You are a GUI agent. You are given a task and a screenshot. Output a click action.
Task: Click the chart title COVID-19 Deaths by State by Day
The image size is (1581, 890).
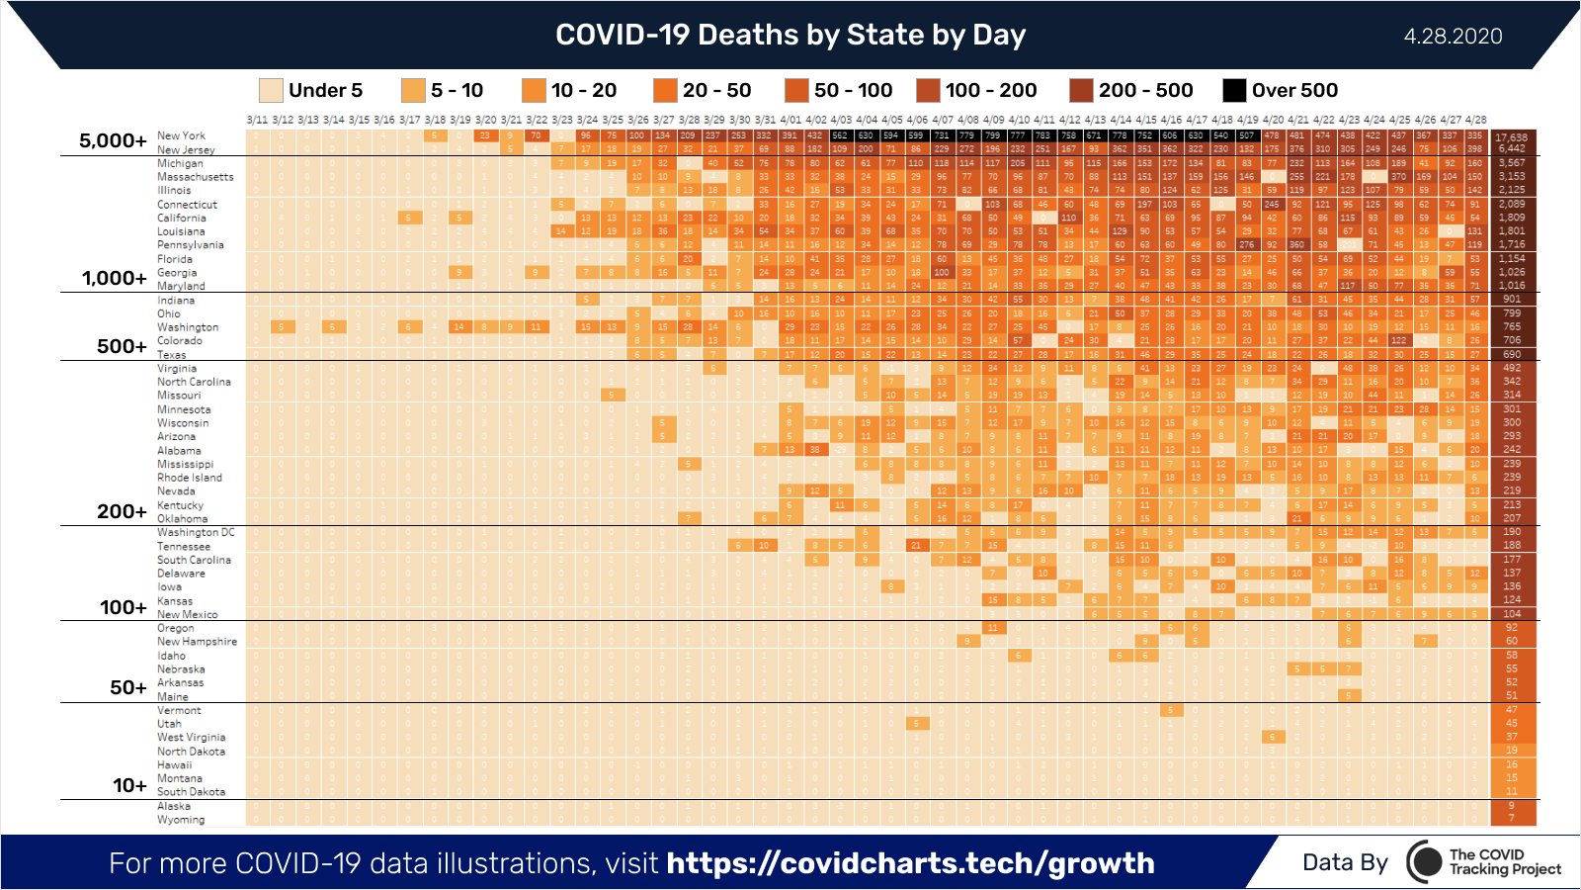(790, 36)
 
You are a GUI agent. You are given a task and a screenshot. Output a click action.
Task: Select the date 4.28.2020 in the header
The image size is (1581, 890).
(1453, 37)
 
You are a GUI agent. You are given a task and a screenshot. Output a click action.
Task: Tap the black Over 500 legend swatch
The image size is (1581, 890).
(1234, 90)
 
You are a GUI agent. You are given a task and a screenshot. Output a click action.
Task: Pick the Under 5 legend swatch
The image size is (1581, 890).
(271, 90)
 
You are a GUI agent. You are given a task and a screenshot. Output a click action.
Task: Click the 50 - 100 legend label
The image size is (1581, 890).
(853, 90)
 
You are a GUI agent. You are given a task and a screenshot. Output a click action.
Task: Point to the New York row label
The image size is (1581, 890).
(182, 136)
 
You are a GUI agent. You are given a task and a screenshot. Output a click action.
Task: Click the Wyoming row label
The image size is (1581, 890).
(181, 820)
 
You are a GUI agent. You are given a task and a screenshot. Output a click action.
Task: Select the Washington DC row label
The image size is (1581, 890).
(196, 532)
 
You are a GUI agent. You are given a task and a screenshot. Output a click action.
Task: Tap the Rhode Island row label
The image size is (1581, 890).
(190, 478)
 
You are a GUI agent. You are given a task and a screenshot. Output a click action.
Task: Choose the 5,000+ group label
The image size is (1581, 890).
(113, 140)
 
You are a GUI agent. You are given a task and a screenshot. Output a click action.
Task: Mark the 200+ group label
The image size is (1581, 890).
(122, 511)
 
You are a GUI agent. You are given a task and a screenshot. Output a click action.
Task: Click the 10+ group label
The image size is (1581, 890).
(129, 785)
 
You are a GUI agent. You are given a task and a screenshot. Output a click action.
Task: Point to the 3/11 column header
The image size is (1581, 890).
(257, 120)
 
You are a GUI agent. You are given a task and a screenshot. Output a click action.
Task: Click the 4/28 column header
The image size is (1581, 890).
(1476, 120)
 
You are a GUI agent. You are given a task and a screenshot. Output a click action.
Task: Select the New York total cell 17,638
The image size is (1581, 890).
(1511, 137)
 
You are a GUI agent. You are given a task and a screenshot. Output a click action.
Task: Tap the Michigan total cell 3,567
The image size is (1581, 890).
(1511, 163)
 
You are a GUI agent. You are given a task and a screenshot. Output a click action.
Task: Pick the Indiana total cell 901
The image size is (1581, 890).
(1512, 299)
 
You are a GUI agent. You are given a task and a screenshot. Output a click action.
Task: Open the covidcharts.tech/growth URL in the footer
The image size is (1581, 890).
(910, 863)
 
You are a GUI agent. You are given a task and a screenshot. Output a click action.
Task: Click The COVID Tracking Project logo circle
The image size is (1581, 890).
(1424, 862)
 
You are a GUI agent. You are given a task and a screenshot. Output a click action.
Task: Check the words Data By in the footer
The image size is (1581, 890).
(1345, 862)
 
